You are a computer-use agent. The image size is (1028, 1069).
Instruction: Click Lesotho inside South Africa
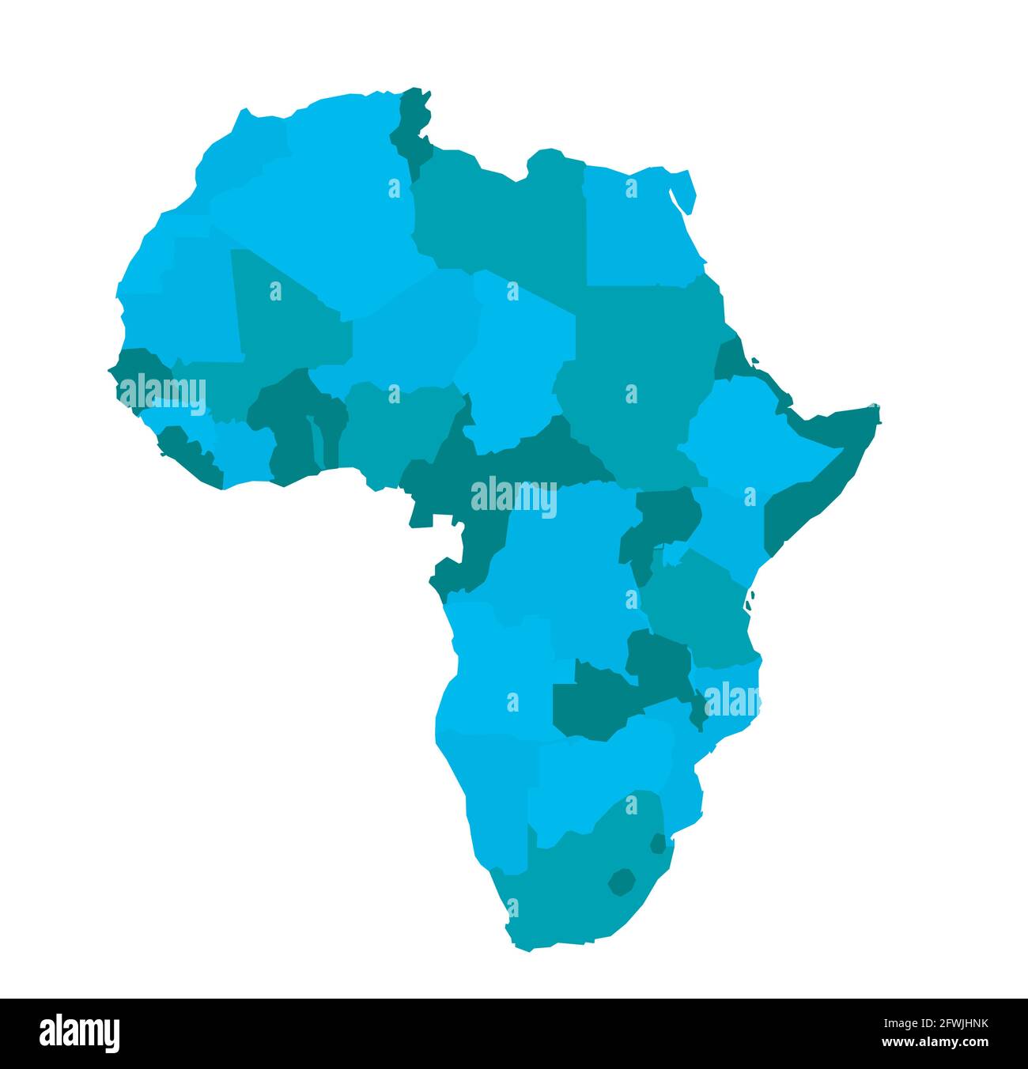tap(622, 881)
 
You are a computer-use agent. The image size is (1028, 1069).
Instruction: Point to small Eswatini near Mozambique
tap(657, 844)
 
